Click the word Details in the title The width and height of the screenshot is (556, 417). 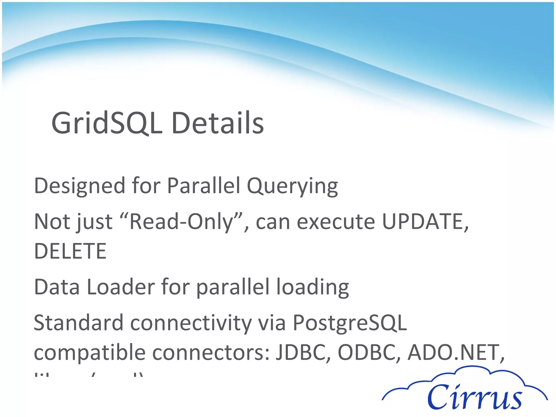tap(217, 124)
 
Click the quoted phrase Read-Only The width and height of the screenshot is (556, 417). tap(181, 222)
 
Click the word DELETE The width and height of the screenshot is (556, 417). tap(70, 251)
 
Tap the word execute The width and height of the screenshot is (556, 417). tap(336, 222)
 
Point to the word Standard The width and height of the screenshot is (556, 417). tap(78, 323)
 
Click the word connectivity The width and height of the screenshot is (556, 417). tap(191, 323)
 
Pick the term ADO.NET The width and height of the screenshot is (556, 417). tap(453, 352)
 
